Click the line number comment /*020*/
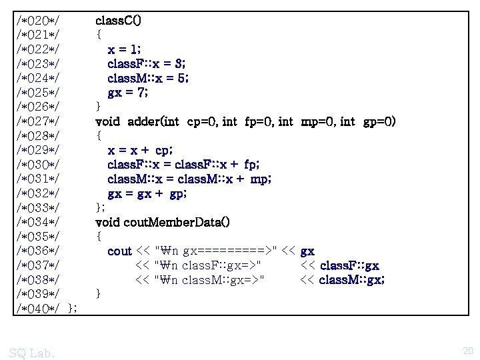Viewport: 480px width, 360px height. pyautogui.click(x=39, y=21)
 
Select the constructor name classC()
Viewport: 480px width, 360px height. pyautogui.click(x=118, y=21)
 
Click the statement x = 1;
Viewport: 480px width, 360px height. pyautogui.click(x=124, y=49)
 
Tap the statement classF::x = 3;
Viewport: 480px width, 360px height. pyautogui.click(x=147, y=64)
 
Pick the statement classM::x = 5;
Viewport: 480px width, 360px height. pyautogui.click(x=148, y=79)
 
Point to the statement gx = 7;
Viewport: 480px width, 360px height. pyautogui.click(x=128, y=93)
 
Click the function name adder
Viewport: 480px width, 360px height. pyautogui.click(x=141, y=122)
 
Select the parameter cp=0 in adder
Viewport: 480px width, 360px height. pyautogui.click(x=201, y=122)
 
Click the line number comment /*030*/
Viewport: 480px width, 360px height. pyautogui.click(x=39, y=165)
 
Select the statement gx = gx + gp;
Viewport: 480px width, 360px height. pyautogui.click(x=147, y=194)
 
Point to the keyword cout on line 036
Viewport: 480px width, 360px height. pyautogui.click(x=119, y=251)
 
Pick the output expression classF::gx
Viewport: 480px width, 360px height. pyautogui.click(x=339, y=266)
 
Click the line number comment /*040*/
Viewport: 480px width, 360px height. pyautogui.click(x=39, y=308)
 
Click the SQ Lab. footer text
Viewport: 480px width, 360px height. pyautogui.click(x=33, y=351)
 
